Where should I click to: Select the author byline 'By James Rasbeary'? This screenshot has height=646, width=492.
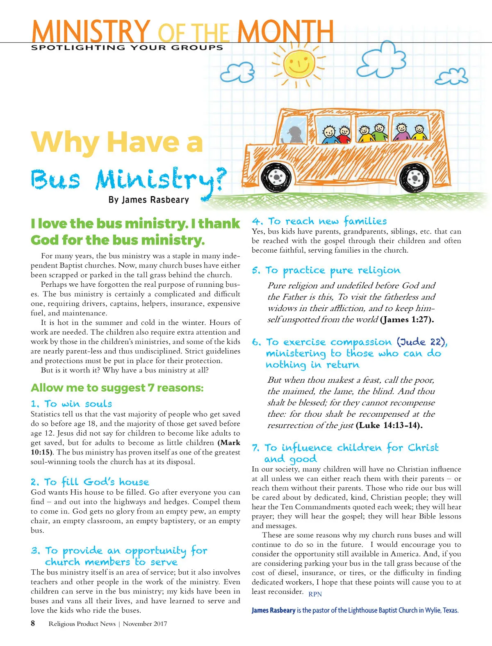click(148, 200)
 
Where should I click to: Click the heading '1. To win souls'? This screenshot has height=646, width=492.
click(71, 404)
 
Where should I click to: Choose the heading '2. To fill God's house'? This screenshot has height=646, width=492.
click(90, 482)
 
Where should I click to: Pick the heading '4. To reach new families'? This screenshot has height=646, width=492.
click(319, 221)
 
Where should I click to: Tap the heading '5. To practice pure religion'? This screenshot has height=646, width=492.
click(326, 270)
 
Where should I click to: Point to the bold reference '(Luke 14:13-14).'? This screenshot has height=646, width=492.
click(389, 425)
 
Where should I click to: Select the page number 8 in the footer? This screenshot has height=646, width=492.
click(33, 623)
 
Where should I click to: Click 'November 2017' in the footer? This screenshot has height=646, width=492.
click(145, 624)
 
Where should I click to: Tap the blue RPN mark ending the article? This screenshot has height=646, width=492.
click(315, 594)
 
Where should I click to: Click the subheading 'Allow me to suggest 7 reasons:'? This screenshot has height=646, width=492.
click(117, 388)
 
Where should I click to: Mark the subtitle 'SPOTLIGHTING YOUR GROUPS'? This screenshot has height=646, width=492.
click(127, 48)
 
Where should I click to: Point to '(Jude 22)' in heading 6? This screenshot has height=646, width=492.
click(421, 342)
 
